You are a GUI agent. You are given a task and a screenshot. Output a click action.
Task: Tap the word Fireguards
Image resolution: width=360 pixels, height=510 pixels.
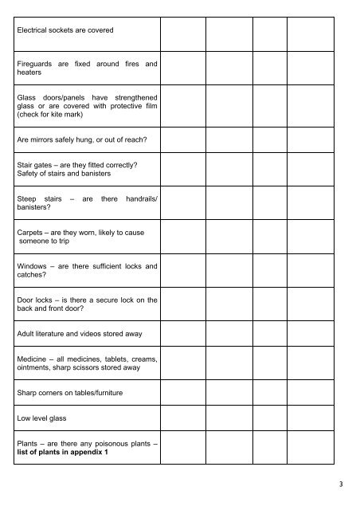coord(37,62)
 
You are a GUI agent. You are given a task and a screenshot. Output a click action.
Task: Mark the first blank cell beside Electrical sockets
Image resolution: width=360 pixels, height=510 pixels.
coord(183,31)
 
